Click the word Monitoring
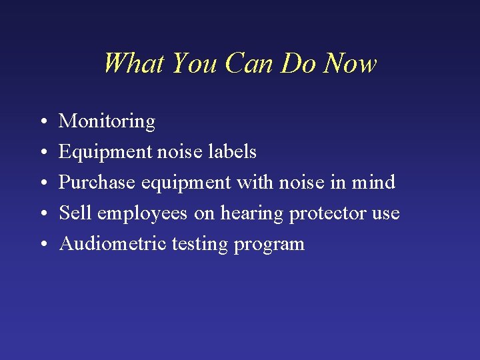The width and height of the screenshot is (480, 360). click(x=107, y=121)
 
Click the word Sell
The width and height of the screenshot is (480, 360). click(x=75, y=213)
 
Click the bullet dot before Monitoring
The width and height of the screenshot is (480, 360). click(x=42, y=122)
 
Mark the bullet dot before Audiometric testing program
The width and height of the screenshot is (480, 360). click(x=42, y=245)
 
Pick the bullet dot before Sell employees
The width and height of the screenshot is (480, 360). click(x=42, y=214)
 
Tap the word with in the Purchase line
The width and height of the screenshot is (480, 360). click(x=254, y=183)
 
